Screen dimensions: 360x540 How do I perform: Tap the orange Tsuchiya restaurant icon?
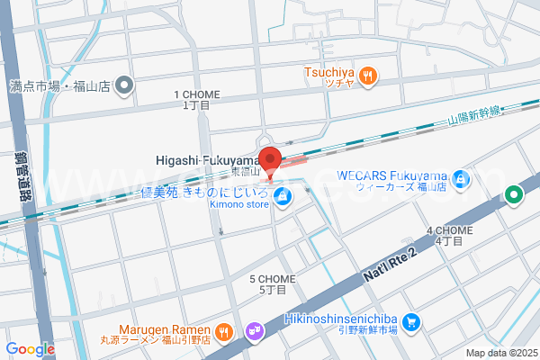coord(367,77)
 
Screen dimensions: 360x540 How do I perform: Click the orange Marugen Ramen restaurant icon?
coord(224,331)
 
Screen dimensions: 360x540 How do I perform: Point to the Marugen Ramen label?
coord(167,330)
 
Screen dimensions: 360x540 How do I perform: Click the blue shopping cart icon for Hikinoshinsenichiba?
coord(410,321)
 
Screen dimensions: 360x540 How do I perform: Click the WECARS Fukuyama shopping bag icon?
coord(461,180)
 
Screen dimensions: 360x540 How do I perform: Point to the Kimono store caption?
coord(239,204)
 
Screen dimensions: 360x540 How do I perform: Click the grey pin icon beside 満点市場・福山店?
coord(124,87)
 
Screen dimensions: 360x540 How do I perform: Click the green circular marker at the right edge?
coord(514,193)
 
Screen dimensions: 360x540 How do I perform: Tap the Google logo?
coord(31,349)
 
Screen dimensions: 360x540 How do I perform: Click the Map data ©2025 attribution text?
coord(499,353)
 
